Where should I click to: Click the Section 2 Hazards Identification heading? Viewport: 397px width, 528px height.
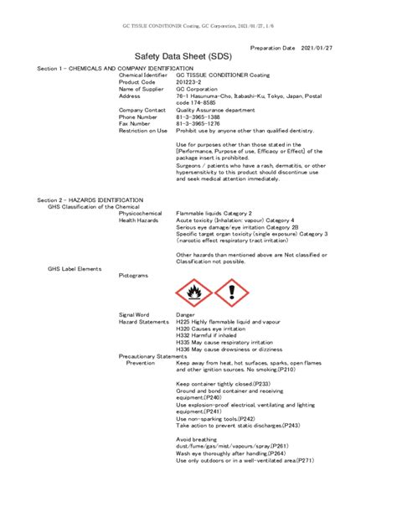[90, 200]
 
